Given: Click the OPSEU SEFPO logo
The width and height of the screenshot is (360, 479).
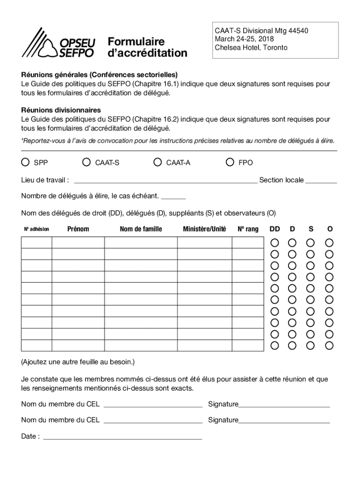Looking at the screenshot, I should [58, 43].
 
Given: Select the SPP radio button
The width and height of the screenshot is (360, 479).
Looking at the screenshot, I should [25, 162].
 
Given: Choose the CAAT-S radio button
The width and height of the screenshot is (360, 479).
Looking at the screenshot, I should [86, 162].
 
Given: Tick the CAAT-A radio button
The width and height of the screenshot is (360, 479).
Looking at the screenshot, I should [158, 162].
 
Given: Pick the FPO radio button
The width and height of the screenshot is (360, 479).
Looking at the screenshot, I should [230, 162].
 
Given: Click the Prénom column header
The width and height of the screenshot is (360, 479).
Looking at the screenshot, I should [78, 229].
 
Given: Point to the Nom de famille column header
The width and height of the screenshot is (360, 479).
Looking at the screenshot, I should [141, 229].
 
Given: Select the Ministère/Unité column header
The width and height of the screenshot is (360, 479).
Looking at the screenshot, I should [204, 229].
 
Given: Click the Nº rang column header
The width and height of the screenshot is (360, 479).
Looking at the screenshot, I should [248, 229].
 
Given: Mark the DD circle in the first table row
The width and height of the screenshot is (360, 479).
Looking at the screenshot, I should [275, 243].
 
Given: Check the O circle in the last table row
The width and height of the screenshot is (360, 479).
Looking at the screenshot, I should [330, 346].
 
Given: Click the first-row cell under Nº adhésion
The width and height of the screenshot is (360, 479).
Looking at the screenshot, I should [36, 243].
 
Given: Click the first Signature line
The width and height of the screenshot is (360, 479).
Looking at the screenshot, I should [284, 404].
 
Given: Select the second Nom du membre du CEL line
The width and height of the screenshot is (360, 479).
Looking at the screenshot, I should [153, 421].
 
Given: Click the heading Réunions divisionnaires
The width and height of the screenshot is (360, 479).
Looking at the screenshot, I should [61, 110].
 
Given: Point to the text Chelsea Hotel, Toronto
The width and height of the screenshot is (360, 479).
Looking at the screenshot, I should [251, 48].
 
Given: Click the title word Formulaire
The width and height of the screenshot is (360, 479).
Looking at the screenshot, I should [136, 42].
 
